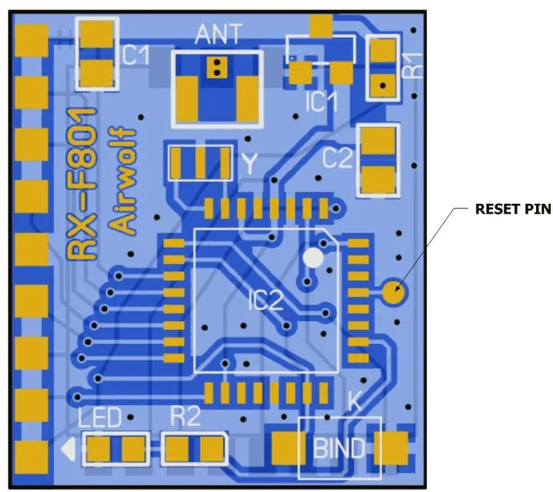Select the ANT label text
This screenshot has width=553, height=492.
pyautogui.click(x=217, y=35)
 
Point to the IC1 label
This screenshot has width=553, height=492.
pyautogui.click(x=320, y=101)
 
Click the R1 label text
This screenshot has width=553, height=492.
pyautogui.click(x=414, y=66)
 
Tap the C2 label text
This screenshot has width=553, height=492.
pyautogui.click(x=337, y=159)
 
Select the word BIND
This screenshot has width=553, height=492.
pyautogui.click(x=339, y=447)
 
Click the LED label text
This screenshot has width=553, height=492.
pyautogui.click(x=101, y=418)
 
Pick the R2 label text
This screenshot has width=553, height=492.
pyautogui.click(x=184, y=417)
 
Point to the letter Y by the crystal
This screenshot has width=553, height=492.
pyautogui.click(x=250, y=163)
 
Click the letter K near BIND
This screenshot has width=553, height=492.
pyautogui.click(x=354, y=401)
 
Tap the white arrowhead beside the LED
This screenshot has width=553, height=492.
pyautogui.click(x=69, y=447)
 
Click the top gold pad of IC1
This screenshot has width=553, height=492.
pyautogui.click(x=322, y=26)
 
